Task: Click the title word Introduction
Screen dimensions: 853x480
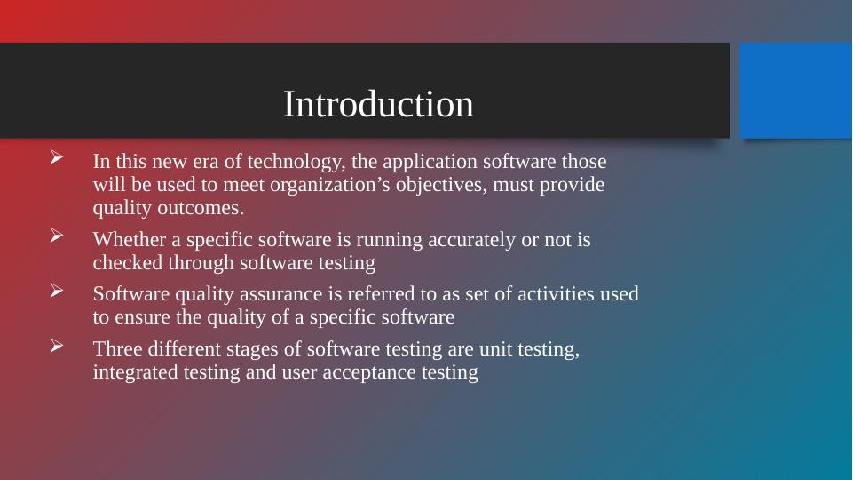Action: click(x=378, y=104)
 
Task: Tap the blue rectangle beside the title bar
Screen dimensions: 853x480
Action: click(x=796, y=91)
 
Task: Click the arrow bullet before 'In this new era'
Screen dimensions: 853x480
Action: click(x=57, y=157)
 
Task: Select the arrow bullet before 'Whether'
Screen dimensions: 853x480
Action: click(x=57, y=236)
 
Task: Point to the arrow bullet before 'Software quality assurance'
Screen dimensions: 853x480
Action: click(x=57, y=290)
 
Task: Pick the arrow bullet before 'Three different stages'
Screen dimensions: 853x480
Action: click(x=57, y=345)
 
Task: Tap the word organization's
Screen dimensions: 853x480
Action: click(x=330, y=185)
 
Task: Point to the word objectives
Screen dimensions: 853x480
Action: click(x=441, y=185)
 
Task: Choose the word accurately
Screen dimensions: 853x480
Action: click(x=471, y=240)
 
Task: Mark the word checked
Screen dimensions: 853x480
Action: click(x=128, y=262)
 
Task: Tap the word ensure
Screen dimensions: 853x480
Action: click(x=143, y=317)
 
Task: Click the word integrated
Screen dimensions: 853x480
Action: click(x=136, y=372)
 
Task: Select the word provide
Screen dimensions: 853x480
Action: click(x=572, y=185)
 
